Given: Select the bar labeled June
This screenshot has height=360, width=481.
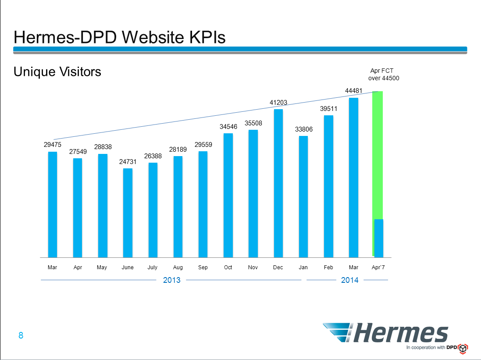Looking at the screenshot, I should [128, 213].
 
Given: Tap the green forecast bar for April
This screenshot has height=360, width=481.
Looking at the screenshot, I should [378, 153].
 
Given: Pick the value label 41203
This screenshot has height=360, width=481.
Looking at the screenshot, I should [278, 103].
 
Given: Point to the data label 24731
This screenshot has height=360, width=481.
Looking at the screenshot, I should [128, 162].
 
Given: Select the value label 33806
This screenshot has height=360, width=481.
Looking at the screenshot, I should [303, 129].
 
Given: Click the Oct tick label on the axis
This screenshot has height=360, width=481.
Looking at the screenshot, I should [228, 267].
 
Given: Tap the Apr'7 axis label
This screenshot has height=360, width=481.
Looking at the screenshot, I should [378, 267].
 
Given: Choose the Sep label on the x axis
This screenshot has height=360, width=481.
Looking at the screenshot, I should [203, 267].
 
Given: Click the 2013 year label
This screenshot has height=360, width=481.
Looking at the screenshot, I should [171, 280].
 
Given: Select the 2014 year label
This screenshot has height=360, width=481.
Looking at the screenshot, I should [349, 280].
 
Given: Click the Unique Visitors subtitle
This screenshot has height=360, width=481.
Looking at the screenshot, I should [57, 71].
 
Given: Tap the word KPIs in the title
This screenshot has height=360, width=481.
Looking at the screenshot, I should [202, 37].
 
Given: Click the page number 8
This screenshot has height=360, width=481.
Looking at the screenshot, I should [21, 336].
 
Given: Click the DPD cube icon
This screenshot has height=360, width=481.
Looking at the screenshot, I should [463, 348].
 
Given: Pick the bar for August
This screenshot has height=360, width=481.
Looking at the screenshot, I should [178, 207].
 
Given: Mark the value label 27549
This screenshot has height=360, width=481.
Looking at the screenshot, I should [78, 152].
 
